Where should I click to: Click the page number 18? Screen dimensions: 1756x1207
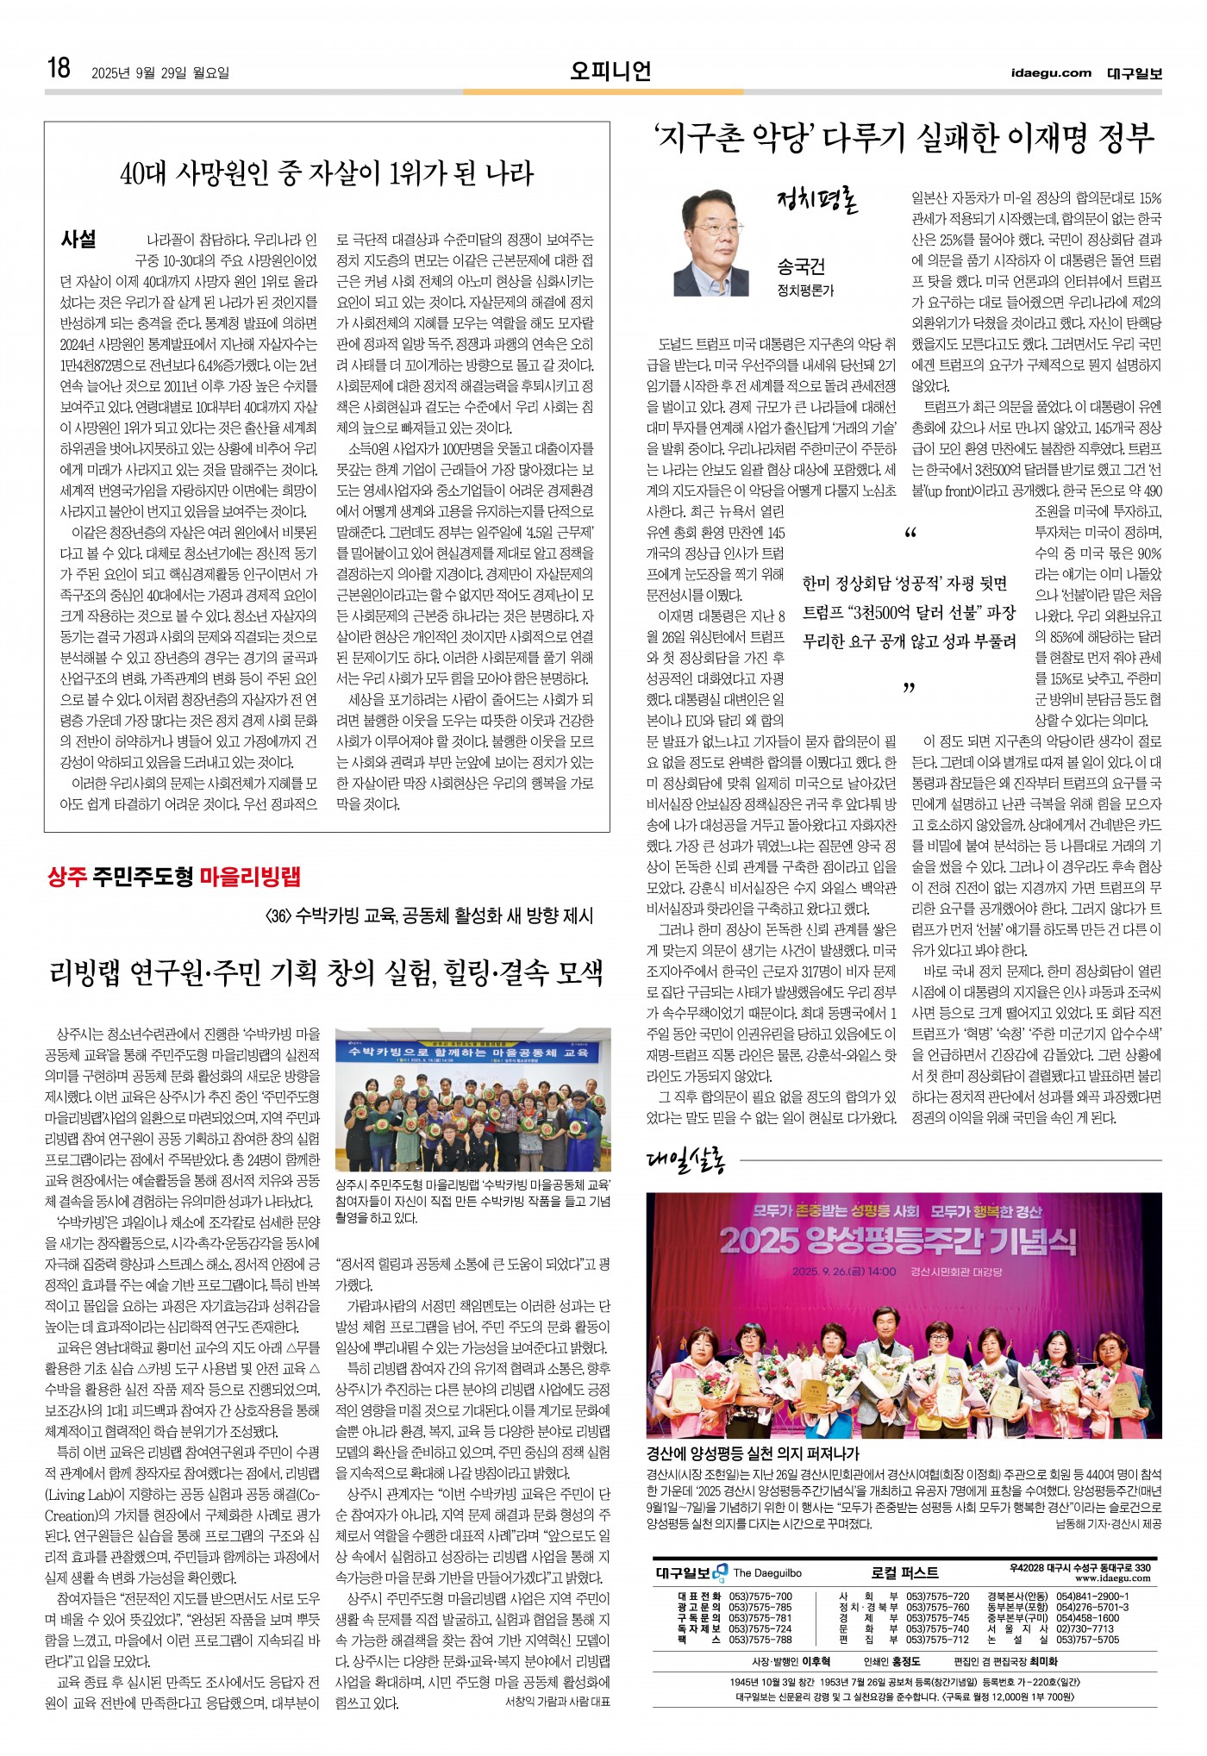pos(59,68)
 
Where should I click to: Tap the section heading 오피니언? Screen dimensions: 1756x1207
pos(610,71)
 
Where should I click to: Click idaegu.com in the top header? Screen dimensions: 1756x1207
pos(1051,73)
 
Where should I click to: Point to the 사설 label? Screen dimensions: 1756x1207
pos(78,240)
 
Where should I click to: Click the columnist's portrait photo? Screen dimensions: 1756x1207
pos(711,245)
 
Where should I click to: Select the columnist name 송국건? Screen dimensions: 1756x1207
pos(801,266)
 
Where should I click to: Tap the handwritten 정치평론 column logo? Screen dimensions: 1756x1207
pos(816,203)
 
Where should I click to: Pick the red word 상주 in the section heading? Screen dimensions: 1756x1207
pos(68,878)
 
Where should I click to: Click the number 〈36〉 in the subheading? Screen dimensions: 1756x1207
pos(278,915)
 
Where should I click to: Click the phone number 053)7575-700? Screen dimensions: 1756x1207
pos(760,1597)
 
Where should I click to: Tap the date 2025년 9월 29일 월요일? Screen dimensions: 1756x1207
pos(160,73)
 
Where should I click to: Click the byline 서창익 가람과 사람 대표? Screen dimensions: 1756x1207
pos(557,1702)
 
